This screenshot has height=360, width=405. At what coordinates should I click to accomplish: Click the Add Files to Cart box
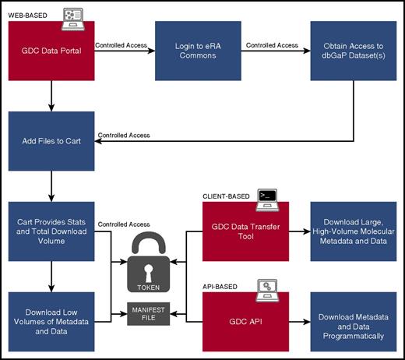(49, 143)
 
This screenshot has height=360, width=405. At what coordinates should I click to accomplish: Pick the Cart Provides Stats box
(49, 231)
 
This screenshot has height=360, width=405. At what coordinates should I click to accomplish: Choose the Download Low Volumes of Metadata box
(49, 319)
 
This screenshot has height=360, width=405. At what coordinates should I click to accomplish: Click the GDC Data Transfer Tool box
(245, 231)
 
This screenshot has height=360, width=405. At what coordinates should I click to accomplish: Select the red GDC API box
(245, 319)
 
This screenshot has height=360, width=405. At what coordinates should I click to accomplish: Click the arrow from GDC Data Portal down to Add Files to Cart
(49, 97)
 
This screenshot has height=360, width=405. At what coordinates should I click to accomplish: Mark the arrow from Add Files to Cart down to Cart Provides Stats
(49, 187)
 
